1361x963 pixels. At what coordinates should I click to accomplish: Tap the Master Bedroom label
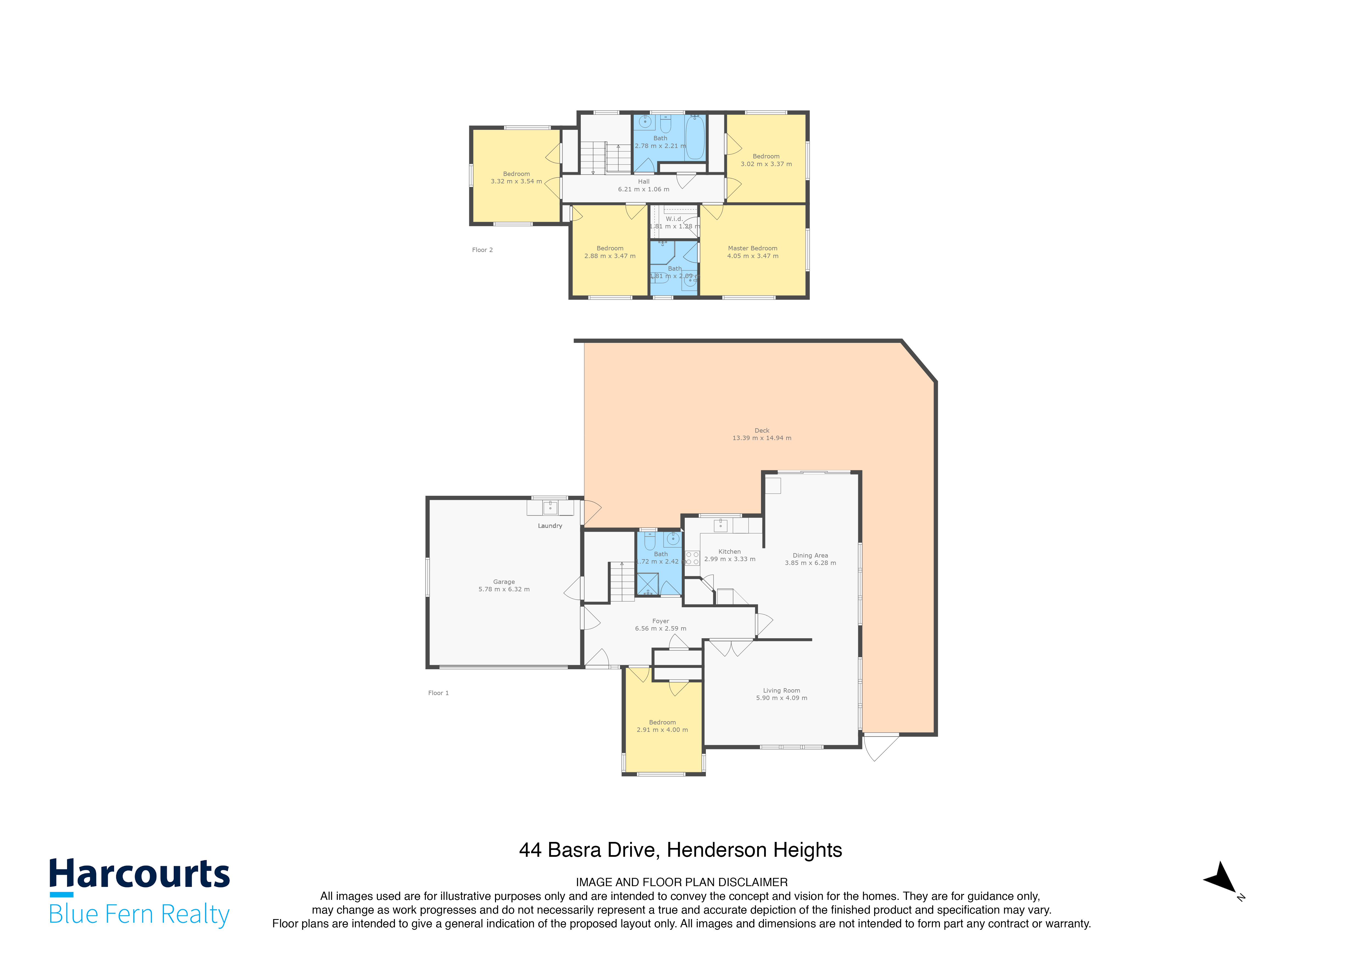pos(752,248)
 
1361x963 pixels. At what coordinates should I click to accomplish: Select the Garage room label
pos(504,582)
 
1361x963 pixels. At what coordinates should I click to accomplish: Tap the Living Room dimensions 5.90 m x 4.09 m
pos(781,698)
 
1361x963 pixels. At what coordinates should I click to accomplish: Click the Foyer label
pos(660,621)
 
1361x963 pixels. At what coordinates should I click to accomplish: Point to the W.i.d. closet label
pos(674,219)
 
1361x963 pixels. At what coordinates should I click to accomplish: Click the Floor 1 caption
pos(438,693)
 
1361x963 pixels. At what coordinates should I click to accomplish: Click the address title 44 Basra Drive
pos(680,850)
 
